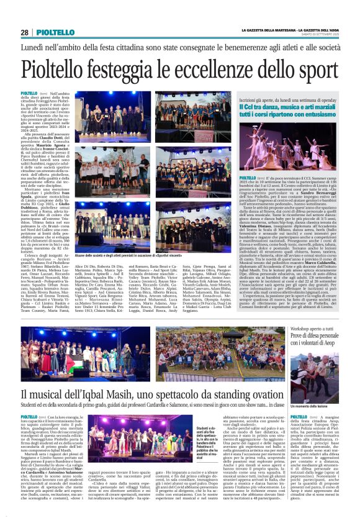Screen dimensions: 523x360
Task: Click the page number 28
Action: pos(24,32)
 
